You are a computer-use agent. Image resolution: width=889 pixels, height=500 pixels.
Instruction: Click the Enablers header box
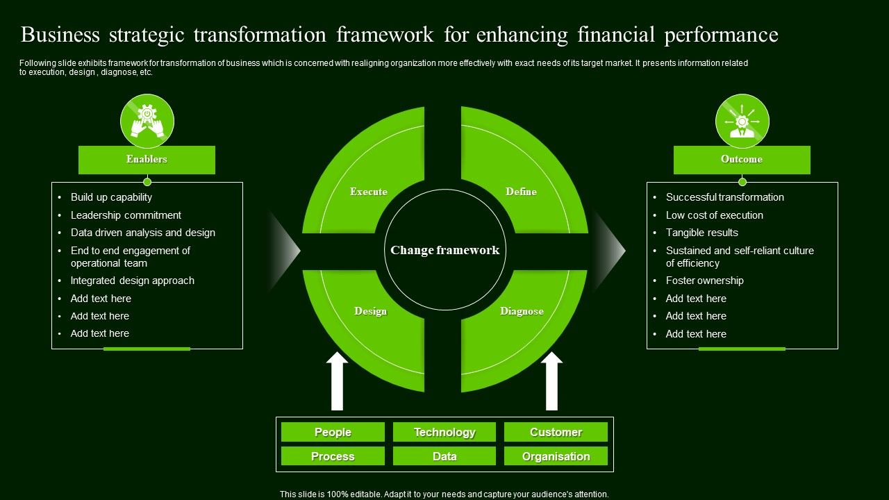(147, 160)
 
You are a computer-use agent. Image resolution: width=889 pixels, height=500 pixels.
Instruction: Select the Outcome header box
(742, 160)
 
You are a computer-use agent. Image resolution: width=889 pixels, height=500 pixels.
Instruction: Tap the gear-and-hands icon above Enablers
(147, 122)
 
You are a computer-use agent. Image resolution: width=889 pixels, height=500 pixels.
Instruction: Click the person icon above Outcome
(742, 122)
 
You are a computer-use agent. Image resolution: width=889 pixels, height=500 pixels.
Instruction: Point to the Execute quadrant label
(369, 192)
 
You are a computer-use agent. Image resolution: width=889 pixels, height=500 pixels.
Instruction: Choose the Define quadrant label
(521, 192)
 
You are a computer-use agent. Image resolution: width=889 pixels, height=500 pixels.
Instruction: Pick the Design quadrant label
(370, 311)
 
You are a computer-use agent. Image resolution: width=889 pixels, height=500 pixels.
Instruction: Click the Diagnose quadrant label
(522, 311)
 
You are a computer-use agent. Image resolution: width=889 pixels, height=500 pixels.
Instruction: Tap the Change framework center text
(444, 250)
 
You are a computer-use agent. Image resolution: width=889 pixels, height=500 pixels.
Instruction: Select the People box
(333, 432)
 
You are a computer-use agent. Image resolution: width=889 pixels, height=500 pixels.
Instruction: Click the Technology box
(444, 432)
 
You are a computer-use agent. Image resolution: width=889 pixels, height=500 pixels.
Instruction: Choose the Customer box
(556, 432)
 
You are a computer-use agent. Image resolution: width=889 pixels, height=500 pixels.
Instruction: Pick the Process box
(333, 456)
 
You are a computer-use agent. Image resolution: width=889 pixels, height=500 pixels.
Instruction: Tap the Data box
(444, 456)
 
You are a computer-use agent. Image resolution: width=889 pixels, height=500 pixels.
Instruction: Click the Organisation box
(556, 456)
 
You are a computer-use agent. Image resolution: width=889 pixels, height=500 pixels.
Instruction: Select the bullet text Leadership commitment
(126, 215)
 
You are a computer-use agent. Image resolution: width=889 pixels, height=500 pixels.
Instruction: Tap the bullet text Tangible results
(701, 233)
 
